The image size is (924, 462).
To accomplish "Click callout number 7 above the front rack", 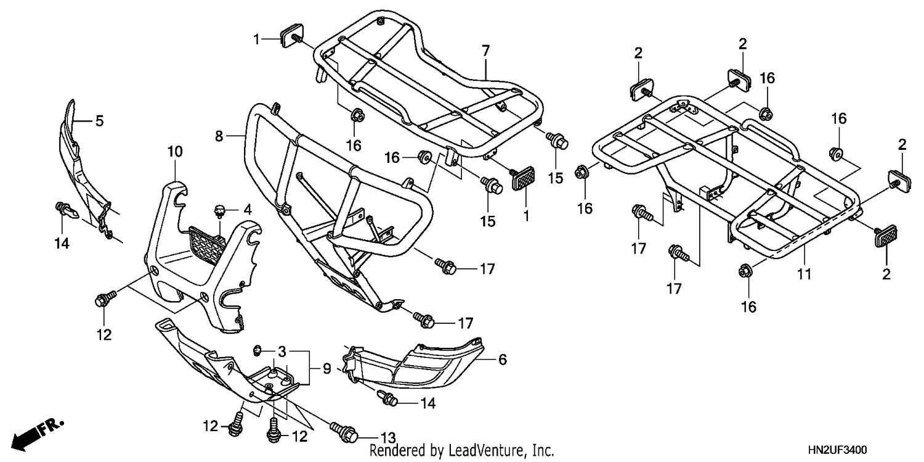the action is pos(485,51).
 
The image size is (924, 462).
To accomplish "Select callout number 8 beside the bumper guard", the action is pos(219,136).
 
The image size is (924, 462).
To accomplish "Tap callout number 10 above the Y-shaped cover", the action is pos(175,152).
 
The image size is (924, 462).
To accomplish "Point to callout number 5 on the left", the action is pos(99,121).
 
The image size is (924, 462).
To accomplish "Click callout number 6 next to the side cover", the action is pos(502,360).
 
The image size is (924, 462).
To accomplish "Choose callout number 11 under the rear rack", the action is pos(804,274).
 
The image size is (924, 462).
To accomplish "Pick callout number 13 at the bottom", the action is pos(387,437).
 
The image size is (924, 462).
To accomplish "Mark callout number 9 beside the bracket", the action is pos(326,368).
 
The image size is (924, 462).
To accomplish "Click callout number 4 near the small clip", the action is pos(248,210).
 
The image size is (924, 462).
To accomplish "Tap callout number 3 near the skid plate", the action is pos(282,352).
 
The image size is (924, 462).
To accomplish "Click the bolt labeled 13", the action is pos(343,431).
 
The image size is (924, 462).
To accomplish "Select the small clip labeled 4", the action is pos(219,212).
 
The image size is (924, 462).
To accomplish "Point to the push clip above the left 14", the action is pos(66,210).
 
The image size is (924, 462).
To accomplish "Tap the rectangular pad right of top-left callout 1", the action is pos(291,34).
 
